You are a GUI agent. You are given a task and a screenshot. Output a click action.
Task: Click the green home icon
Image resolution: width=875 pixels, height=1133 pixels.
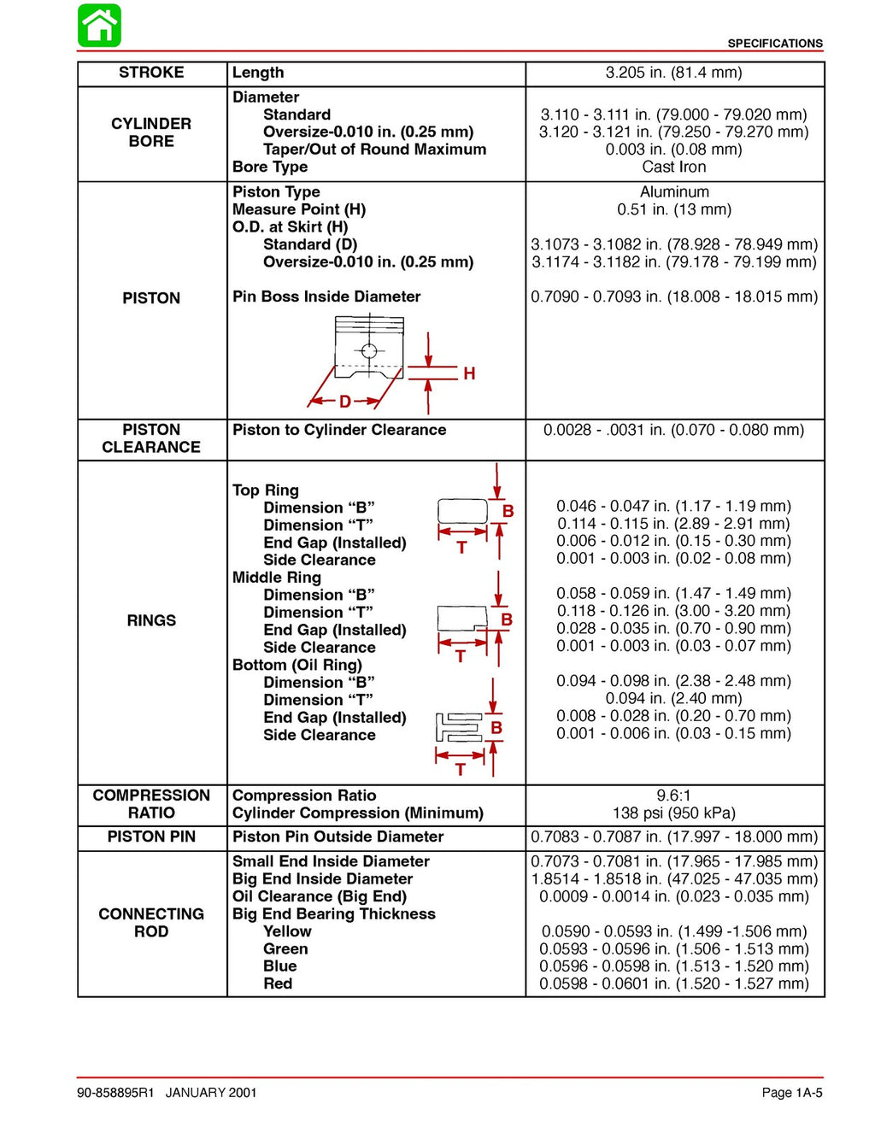[99, 26]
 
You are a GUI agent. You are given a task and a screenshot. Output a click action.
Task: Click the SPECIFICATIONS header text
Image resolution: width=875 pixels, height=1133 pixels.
[774, 43]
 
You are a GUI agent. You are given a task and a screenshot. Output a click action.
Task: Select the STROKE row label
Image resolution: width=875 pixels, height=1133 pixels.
[151, 73]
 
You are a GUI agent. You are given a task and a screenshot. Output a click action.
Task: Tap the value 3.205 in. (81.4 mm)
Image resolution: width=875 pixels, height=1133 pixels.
[673, 73]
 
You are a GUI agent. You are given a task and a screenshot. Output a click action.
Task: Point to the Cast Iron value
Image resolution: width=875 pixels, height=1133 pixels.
[673, 167]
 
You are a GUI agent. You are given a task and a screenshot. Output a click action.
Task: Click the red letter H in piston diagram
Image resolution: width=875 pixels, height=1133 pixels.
[469, 373]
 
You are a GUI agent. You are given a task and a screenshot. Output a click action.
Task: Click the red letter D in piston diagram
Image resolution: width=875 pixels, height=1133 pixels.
[344, 401]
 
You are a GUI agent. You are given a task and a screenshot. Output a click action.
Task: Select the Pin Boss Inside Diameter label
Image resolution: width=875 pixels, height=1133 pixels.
[326, 296]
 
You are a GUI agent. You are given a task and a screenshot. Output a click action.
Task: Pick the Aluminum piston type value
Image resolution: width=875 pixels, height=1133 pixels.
[674, 192]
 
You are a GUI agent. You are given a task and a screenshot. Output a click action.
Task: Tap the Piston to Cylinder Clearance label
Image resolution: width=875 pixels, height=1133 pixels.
[339, 430]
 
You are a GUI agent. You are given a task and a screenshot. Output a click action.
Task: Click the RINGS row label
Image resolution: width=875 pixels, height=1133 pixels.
[151, 620]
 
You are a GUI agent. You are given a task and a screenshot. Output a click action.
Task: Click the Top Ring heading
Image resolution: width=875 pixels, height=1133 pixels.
[266, 490]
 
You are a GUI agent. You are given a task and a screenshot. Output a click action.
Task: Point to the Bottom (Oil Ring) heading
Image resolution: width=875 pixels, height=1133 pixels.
[297, 665]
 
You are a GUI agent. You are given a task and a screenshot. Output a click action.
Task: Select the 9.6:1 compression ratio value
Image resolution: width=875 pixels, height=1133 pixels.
[673, 795]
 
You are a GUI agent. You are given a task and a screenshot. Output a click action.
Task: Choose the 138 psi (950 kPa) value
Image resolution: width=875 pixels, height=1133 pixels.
[673, 813]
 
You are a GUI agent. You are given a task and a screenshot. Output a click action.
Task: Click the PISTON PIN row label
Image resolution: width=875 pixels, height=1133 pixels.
[151, 837]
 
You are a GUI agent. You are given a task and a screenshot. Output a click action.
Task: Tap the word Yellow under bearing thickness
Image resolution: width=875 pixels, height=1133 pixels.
[287, 931]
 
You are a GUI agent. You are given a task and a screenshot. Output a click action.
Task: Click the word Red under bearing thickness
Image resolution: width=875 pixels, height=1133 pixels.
[278, 983]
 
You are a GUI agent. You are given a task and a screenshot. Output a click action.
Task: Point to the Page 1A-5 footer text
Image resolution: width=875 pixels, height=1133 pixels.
[791, 1093]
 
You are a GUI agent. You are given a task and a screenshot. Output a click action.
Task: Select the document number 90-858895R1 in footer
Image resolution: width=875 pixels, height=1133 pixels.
[115, 1093]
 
